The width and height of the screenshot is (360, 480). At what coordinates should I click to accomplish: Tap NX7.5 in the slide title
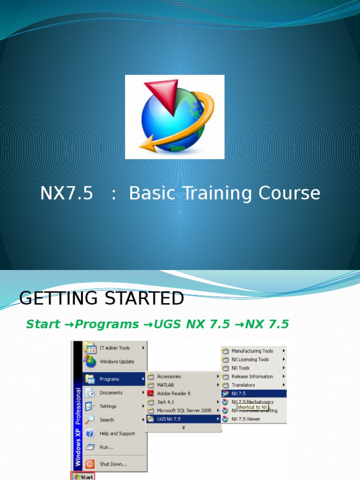67,193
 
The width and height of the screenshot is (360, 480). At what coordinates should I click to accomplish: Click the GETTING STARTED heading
102,298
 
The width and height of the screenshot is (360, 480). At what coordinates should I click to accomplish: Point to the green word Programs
107,324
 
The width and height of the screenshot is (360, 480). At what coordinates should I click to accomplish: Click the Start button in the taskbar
82,477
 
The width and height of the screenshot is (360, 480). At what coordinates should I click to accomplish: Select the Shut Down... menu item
113,464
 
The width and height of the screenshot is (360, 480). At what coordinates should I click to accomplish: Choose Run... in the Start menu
106,447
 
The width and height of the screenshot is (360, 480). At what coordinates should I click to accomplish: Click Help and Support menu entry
117,434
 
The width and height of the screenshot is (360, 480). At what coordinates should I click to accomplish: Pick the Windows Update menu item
117,361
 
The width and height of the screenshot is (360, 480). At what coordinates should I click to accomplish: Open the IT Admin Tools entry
114,348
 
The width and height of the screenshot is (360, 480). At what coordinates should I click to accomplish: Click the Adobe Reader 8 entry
173,393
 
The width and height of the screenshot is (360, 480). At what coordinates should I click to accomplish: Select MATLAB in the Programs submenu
166,385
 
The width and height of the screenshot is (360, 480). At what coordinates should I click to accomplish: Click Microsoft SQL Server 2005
184,410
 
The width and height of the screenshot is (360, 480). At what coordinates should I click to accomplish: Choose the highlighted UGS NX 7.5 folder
169,419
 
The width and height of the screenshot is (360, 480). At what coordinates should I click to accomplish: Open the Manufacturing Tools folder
252,351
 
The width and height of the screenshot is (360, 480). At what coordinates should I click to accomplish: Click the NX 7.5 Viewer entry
246,419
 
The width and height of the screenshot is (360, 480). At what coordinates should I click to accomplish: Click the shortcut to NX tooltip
252,407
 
